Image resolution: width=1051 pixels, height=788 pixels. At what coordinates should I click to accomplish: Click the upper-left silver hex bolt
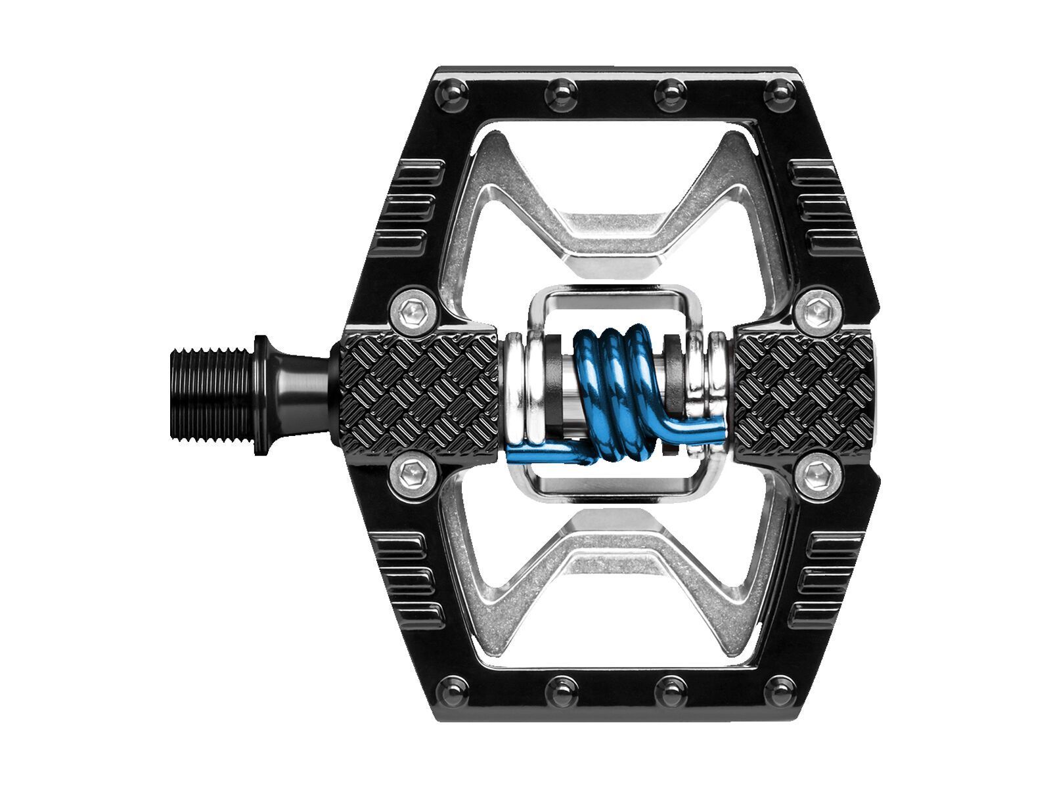point(413,308)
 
